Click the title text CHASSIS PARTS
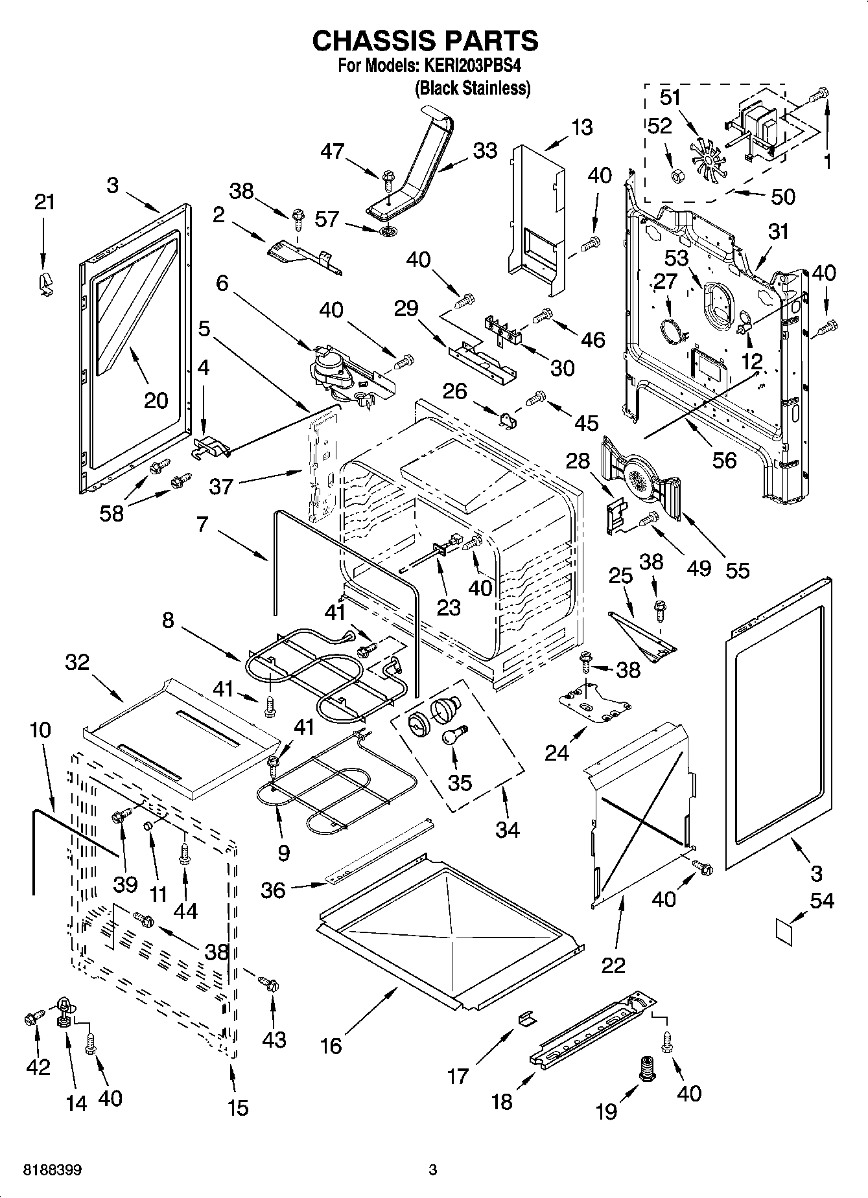(425, 41)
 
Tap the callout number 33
(484, 150)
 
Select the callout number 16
(331, 1046)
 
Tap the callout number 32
(77, 663)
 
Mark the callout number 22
(613, 965)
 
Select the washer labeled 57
(387, 231)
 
